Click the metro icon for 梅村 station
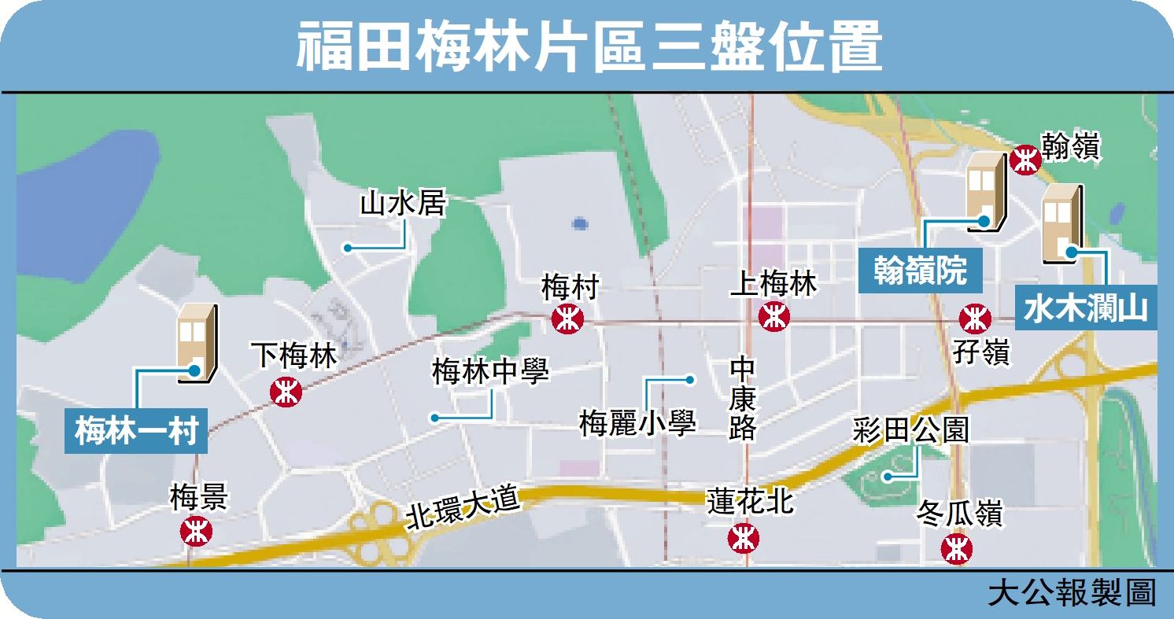(567, 319)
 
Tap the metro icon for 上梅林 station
(774, 318)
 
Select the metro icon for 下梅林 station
(286, 392)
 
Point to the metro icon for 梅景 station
(196, 531)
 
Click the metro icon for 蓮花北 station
(743, 538)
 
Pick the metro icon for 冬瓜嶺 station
(957, 547)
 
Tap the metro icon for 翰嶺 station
(1027, 160)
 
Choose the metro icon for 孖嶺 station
(975, 319)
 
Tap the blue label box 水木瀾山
(1085, 308)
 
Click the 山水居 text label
(403, 204)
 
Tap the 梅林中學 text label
(489, 372)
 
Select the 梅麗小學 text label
(637, 424)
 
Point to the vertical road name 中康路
(742, 399)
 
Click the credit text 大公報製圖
(1072, 591)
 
